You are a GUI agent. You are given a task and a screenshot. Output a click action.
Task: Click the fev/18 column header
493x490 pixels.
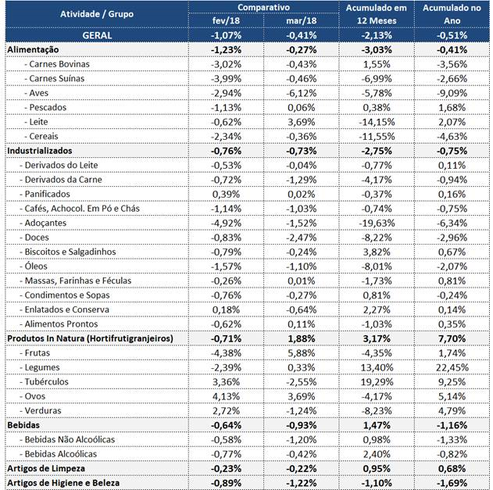tap(226, 21)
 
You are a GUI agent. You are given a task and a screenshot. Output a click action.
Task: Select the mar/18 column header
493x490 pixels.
tap(302, 21)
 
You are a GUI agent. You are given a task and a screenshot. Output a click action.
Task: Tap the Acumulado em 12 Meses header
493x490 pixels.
tap(377, 14)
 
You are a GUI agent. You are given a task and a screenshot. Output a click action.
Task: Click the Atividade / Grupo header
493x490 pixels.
tap(97, 14)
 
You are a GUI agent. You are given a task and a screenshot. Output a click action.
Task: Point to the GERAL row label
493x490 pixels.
tap(97, 35)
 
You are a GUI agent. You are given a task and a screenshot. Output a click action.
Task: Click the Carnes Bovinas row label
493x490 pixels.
tap(57, 64)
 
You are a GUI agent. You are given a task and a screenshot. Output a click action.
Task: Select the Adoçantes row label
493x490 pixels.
tap(43, 223)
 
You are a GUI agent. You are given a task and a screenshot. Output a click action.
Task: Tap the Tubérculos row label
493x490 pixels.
tap(44, 382)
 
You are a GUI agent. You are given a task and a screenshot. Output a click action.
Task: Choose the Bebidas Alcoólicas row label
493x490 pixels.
tap(58, 454)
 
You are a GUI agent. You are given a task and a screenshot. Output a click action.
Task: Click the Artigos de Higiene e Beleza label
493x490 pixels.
tap(63, 483)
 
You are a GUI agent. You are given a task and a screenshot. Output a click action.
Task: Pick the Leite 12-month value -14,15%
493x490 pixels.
tap(377, 122)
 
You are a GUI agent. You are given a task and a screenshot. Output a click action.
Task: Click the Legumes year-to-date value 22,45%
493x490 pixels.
tap(452, 367)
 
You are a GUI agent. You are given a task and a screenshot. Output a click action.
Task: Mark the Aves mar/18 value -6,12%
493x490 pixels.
tap(302, 93)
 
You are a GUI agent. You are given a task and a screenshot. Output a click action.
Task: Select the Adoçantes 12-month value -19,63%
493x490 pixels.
tap(377, 223)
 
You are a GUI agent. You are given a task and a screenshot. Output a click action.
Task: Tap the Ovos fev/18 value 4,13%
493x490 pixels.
tap(226, 396)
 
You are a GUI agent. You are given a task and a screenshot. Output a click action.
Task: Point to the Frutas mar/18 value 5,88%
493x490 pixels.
tap(302, 353)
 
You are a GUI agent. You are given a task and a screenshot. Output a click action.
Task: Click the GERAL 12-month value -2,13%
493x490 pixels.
tap(377, 35)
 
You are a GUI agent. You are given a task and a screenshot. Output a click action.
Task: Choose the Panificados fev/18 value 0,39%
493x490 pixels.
tap(226, 194)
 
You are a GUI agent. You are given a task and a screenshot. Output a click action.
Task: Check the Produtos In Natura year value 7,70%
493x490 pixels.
tap(452, 338)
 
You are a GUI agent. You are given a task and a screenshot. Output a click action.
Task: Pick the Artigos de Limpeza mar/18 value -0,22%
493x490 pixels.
tap(302, 469)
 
